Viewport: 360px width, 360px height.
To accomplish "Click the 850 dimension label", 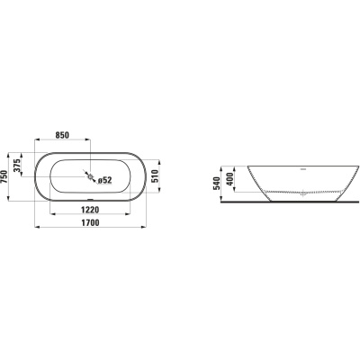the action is (x=62, y=135).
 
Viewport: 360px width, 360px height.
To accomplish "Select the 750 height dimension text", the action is (x=4, y=177).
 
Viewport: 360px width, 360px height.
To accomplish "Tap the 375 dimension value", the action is (x=17, y=166).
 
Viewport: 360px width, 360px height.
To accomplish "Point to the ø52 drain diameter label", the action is (x=104, y=180).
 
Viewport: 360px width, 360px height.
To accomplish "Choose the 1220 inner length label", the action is (x=90, y=210).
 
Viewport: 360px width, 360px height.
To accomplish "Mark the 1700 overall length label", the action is (x=90, y=222).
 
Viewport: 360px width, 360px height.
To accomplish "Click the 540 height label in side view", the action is (x=217, y=184).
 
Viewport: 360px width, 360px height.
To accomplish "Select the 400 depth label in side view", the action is (x=230, y=179).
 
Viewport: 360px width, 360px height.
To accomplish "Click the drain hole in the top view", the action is (x=90, y=176).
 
